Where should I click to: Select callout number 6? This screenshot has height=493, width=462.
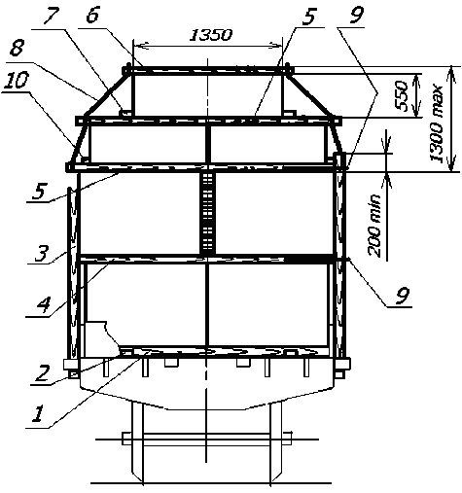pos(92,14)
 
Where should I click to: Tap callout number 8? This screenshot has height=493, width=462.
pos(17,50)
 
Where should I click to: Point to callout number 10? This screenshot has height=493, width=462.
pos(17,81)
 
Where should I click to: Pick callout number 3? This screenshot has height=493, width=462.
pos(42,253)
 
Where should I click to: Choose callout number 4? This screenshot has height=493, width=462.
pos(43,305)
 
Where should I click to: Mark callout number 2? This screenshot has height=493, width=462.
pos(43,372)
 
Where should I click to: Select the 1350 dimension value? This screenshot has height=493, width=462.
pos(210,35)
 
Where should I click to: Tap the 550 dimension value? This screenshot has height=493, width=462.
pos(402,95)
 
